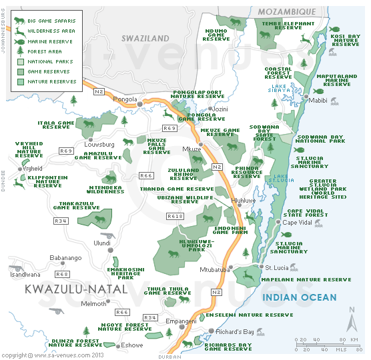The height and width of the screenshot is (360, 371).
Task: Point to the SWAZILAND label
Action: click(x=145, y=39)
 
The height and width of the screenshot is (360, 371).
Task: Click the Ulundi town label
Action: click(x=102, y=243)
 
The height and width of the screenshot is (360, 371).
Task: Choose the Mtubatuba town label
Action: click(x=214, y=270)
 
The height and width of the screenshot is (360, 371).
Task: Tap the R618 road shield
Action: click(x=175, y=216)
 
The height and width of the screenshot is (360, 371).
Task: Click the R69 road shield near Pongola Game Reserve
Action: click(x=169, y=128)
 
